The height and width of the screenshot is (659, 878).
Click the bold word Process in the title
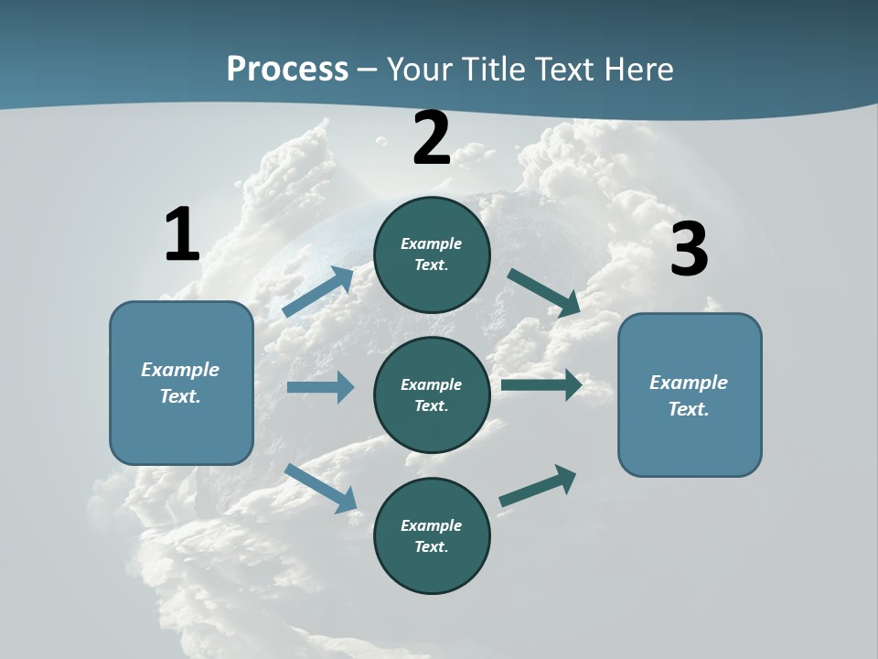[287, 70]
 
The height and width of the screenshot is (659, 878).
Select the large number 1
[182, 235]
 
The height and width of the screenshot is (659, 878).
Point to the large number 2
[432, 138]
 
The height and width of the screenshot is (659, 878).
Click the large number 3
[689, 250]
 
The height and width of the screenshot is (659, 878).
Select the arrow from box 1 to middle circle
[320, 387]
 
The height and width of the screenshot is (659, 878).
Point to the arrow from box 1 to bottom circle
[320, 487]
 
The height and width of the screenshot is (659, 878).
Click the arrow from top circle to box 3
[544, 293]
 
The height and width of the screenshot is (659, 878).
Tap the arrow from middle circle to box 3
[541, 384]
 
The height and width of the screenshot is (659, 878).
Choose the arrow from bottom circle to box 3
[538, 486]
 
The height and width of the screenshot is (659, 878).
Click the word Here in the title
[637, 70]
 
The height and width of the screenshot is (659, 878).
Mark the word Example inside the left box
[180, 370]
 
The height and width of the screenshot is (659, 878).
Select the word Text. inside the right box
[689, 409]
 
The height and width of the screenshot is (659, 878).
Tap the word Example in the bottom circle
[431, 525]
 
